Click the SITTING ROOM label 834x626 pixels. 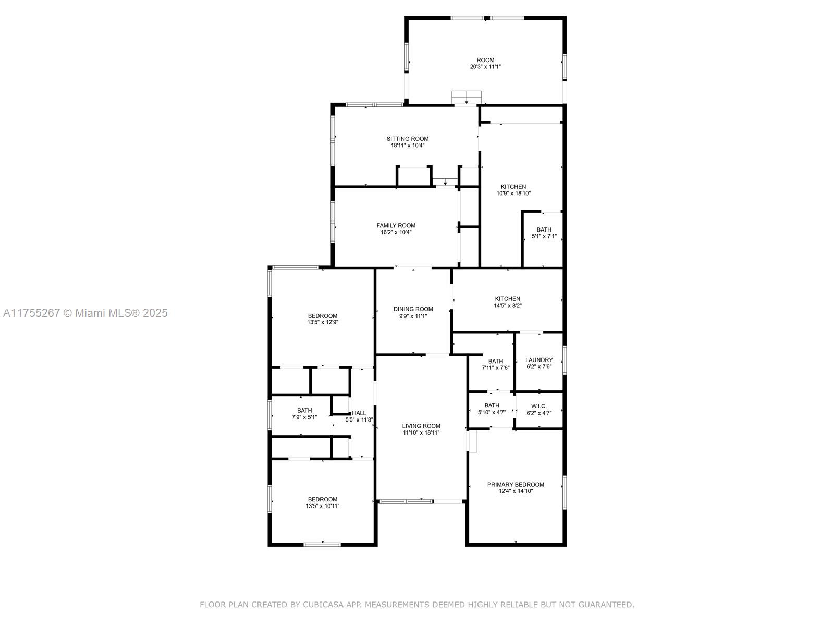(x=407, y=139)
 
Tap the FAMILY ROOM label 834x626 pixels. (x=396, y=226)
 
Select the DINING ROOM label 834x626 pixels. (x=413, y=309)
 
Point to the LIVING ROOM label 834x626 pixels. (x=421, y=426)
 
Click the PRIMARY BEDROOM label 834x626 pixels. (x=516, y=485)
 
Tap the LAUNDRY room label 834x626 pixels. (x=539, y=360)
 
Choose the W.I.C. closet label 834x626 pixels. (x=539, y=406)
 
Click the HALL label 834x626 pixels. (x=359, y=413)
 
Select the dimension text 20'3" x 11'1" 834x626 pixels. (x=485, y=67)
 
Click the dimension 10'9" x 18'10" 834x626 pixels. (x=513, y=193)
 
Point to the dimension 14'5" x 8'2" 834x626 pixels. (x=508, y=305)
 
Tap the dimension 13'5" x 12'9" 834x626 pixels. (x=323, y=322)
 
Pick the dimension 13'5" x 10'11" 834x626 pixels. (x=323, y=506)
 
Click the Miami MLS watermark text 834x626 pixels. (x=85, y=313)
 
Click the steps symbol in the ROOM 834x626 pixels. (x=466, y=98)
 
